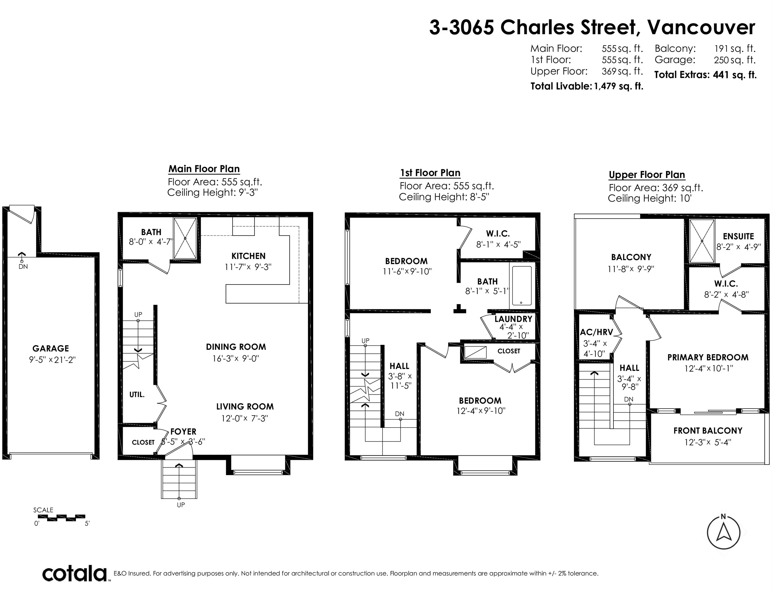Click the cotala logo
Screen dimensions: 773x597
click(75, 574)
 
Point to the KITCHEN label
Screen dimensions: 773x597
click(248, 256)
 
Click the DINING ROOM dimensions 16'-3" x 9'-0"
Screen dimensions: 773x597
click(236, 358)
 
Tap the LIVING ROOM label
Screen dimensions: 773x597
click(245, 407)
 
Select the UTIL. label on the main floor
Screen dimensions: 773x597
click(137, 395)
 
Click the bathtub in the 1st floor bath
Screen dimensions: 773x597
click(522, 285)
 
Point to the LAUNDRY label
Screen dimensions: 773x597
click(513, 319)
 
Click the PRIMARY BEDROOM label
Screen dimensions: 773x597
click(708, 358)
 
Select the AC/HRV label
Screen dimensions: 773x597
click(596, 332)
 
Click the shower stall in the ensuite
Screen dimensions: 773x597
click(702, 241)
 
